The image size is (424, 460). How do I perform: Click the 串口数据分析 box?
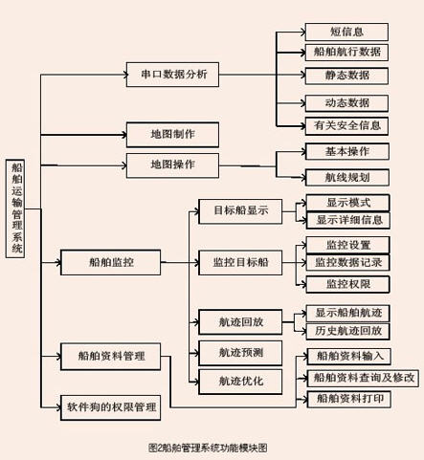(172, 75)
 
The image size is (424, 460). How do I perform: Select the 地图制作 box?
(172, 135)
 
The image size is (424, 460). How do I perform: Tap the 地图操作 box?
(172, 165)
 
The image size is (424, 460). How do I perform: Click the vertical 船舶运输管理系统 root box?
(15, 208)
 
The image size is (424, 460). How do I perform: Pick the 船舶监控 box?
(110, 262)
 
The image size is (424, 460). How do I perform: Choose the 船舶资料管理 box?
(110, 357)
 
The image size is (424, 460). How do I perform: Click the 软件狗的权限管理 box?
(110, 407)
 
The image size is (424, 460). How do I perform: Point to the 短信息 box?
(346, 32)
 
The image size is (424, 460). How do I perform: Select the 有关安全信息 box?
(346, 126)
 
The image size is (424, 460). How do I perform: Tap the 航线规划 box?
(347, 177)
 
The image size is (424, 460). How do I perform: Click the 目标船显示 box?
(240, 211)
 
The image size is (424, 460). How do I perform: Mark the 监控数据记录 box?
(348, 263)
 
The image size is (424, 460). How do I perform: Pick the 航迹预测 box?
(240, 353)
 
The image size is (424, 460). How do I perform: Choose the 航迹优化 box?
(240, 382)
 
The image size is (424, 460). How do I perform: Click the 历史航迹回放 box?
(348, 331)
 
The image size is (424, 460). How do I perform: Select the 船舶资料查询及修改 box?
(363, 378)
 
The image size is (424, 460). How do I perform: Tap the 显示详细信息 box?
(348, 220)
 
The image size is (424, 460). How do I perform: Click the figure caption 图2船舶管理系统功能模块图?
(208, 448)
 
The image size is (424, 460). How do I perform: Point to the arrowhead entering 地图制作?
(124, 135)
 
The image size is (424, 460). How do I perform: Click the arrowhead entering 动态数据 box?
(303, 103)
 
